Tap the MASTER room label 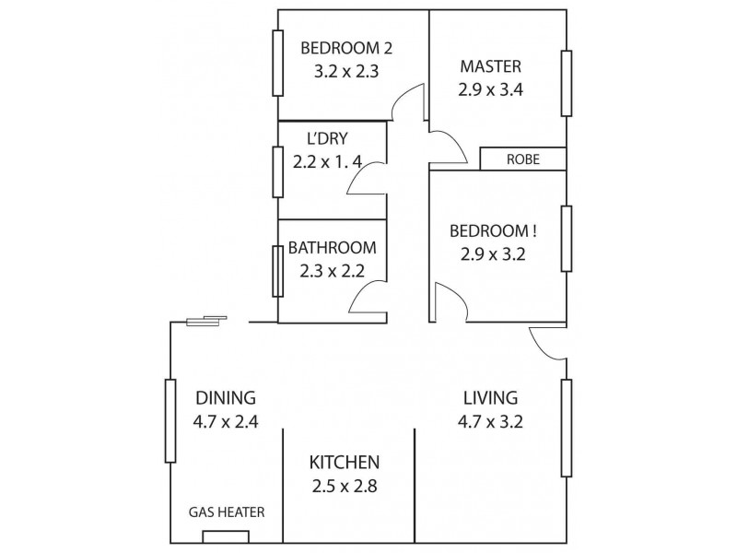pos(490,66)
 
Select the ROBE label pos(522,159)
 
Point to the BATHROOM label pos(332,248)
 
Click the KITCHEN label pos(345,462)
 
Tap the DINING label pos(225,398)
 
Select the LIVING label pos(491,398)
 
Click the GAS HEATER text pos(228,512)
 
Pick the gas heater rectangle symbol pos(226,536)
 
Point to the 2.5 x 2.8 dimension pos(345,486)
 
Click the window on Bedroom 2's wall pos(276,63)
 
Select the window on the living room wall pos(567,428)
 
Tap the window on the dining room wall pos(170,420)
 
